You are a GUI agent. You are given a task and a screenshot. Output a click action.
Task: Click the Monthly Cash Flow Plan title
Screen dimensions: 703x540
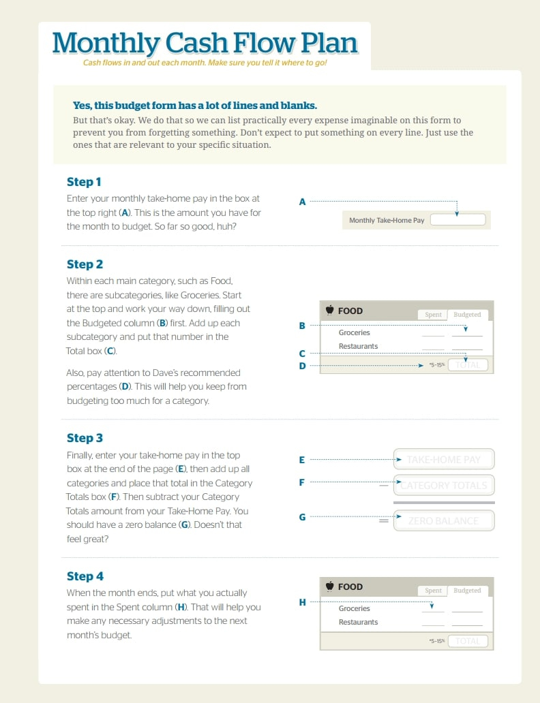pos(205,42)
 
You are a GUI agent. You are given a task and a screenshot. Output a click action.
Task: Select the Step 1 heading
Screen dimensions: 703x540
pos(84,182)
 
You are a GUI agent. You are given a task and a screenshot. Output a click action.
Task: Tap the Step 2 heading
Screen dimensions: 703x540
pos(85,264)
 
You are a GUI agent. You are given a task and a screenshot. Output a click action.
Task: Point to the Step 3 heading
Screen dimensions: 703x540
pos(85,438)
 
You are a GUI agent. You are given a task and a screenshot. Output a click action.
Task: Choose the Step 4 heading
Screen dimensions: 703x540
pos(85,576)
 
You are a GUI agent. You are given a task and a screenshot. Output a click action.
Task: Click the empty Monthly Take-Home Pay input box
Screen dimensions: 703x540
pos(457,220)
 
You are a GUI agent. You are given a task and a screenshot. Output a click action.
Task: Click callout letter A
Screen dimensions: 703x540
pos(302,202)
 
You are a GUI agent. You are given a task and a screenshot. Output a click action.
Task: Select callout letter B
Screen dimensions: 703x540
pos(302,326)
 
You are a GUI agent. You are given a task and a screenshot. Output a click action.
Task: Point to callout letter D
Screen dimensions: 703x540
pos(302,366)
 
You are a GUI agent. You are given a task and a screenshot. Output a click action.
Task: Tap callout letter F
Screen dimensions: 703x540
pos(302,482)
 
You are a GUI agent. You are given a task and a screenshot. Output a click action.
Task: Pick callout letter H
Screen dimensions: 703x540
pos(302,602)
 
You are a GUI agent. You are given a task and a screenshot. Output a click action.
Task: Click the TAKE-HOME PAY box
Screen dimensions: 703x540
pos(444,460)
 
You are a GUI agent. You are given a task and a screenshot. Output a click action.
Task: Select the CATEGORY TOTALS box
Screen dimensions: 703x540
pos(444,486)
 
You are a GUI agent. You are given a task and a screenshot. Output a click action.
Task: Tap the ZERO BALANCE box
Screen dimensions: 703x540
pos(444,521)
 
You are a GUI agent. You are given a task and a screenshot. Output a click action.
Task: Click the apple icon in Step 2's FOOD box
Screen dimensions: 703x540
pos(329,311)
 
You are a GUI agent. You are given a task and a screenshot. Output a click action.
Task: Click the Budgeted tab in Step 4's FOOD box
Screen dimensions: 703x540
pos(467,591)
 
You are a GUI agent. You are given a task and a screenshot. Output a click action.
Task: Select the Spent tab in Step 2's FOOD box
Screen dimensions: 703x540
pos(433,315)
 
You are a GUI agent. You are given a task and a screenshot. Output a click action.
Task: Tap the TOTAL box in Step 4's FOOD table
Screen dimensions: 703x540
pos(468,641)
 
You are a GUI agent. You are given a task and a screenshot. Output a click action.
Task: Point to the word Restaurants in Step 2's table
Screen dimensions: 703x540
pos(358,346)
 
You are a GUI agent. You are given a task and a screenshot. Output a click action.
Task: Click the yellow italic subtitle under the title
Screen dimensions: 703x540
pos(205,63)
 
